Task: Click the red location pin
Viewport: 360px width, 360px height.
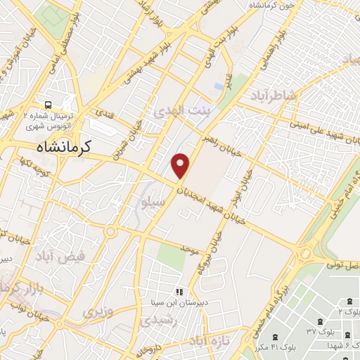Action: (x=181, y=165)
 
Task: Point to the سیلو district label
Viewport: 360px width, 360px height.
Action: (x=153, y=202)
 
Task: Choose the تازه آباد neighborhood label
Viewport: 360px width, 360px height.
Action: (x=204, y=340)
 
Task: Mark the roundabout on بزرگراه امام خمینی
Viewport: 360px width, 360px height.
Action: (x=306, y=252)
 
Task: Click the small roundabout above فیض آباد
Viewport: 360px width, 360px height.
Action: (x=110, y=231)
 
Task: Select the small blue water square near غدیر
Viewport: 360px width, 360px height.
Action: (x=219, y=86)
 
